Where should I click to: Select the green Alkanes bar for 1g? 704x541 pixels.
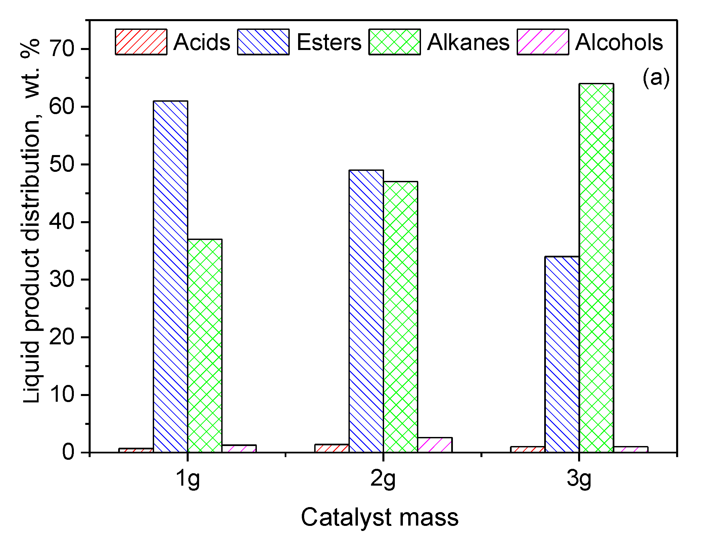pyautogui.click(x=205, y=346)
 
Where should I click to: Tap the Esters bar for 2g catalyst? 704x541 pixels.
pyautogui.click(x=366, y=311)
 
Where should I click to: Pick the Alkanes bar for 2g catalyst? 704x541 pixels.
pyautogui.click(x=401, y=317)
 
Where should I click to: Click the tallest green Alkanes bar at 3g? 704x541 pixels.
pyautogui.click(x=596, y=268)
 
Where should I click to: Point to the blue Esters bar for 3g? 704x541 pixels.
pyautogui.click(x=562, y=354)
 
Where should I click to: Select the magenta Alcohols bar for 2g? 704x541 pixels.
pyautogui.click(x=435, y=445)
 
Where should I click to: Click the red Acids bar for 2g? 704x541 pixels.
pyautogui.click(x=332, y=448)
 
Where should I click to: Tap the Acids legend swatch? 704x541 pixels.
pyautogui.click(x=141, y=42)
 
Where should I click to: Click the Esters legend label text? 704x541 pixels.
pyautogui.click(x=329, y=42)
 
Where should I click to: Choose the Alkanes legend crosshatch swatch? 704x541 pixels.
pyautogui.click(x=394, y=42)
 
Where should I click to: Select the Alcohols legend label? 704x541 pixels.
pyautogui.click(x=619, y=42)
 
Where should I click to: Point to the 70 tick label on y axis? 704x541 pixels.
pyautogui.click(x=62, y=49)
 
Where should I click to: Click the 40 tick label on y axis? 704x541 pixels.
pyautogui.click(x=62, y=222)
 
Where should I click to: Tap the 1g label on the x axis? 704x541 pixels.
pyautogui.click(x=188, y=479)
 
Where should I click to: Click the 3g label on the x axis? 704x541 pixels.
pyautogui.click(x=579, y=479)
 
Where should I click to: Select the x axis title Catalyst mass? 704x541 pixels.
pyautogui.click(x=379, y=517)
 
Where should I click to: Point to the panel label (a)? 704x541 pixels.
pyautogui.click(x=656, y=78)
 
